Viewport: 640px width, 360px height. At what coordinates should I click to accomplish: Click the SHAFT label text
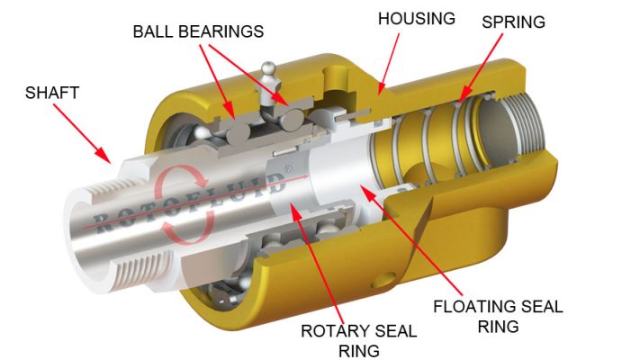(52, 93)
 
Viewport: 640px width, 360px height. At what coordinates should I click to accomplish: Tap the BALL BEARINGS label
(198, 31)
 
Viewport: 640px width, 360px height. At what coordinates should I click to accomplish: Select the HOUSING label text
(417, 19)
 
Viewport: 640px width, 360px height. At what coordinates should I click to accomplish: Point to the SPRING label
(513, 22)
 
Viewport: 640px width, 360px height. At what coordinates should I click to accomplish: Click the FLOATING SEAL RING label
(498, 316)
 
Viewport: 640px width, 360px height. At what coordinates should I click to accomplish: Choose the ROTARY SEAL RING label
(359, 340)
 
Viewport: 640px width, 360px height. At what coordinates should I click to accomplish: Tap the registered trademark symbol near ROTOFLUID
(288, 167)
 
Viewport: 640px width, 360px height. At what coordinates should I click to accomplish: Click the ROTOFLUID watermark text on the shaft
(190, 202)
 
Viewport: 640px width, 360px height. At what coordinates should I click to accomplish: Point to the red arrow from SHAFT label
(82, 133)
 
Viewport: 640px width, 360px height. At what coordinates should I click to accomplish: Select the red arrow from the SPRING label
(481, 67)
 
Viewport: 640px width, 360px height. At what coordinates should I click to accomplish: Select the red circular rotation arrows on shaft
(184, 203)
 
